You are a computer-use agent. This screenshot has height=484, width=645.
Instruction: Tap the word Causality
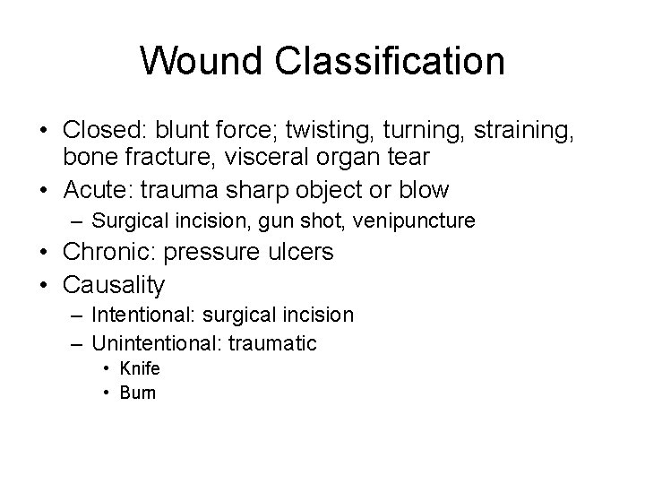[x=114, y=285]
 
